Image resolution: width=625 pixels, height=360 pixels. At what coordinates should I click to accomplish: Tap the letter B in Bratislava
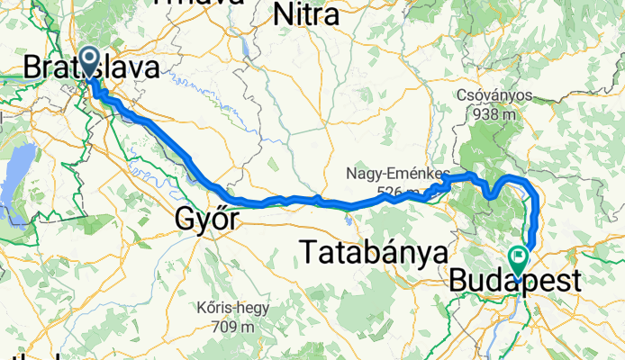point(31,67)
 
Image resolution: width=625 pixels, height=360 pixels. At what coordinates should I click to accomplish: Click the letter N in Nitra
point(282,14)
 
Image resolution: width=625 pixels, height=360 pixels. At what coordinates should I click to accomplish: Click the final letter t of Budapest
point(574,281)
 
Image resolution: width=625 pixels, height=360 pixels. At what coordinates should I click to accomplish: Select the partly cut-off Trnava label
point(199,3)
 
